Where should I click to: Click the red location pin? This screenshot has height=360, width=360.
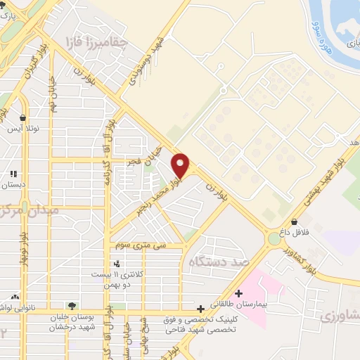(x=181, y=165)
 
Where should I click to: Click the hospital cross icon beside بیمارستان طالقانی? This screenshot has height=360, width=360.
(x=239, y=293)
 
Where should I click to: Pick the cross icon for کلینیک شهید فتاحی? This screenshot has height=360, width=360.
(x=201, y=308)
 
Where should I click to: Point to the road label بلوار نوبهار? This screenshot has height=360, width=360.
(x=24, y=247)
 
